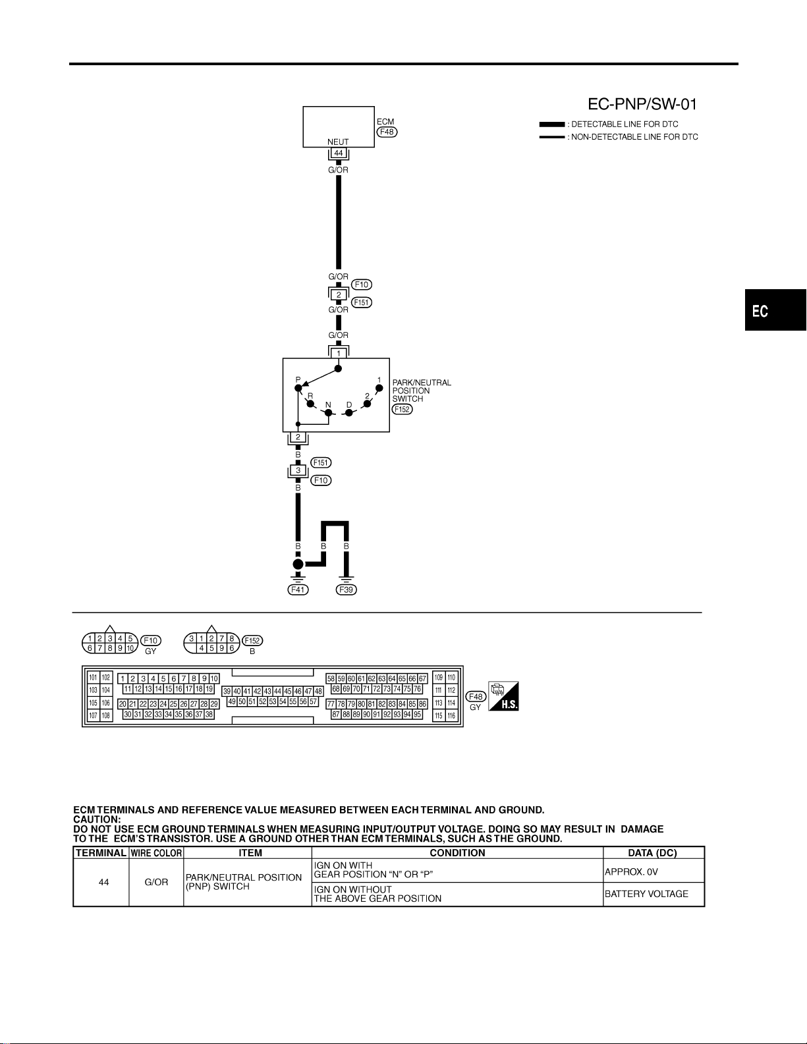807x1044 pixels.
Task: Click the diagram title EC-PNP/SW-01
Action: tap(642, 104)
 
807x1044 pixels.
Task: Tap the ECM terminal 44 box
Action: tap(339, 153)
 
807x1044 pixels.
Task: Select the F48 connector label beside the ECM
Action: tap(387, 132)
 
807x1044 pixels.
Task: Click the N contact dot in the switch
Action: tap(328, 413)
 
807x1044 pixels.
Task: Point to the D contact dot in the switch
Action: tap(349, 413)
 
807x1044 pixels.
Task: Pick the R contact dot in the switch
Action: tap(311, 404)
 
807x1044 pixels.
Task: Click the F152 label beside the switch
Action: tap(402, 409)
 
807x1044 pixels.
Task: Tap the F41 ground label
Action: tap(298, 590)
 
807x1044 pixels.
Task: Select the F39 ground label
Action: tap(347, 590)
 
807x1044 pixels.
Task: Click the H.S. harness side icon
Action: tap(503, 696)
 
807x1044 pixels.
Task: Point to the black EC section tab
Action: tap(775, 310)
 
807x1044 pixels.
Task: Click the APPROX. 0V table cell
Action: tap(654, 872)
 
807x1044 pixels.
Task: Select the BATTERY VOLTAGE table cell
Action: tap(654, 894)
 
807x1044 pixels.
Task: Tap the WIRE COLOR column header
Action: tap(156, 853)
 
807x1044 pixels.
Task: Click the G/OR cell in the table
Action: tap(156, 882)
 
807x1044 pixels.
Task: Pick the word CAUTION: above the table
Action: tap(97, 819)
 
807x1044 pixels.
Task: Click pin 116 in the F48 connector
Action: tap(451, 716)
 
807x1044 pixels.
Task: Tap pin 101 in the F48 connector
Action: tap(93, 677)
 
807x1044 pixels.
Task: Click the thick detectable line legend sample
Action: tap(552, 124)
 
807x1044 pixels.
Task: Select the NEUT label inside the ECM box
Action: tap(338, 142)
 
